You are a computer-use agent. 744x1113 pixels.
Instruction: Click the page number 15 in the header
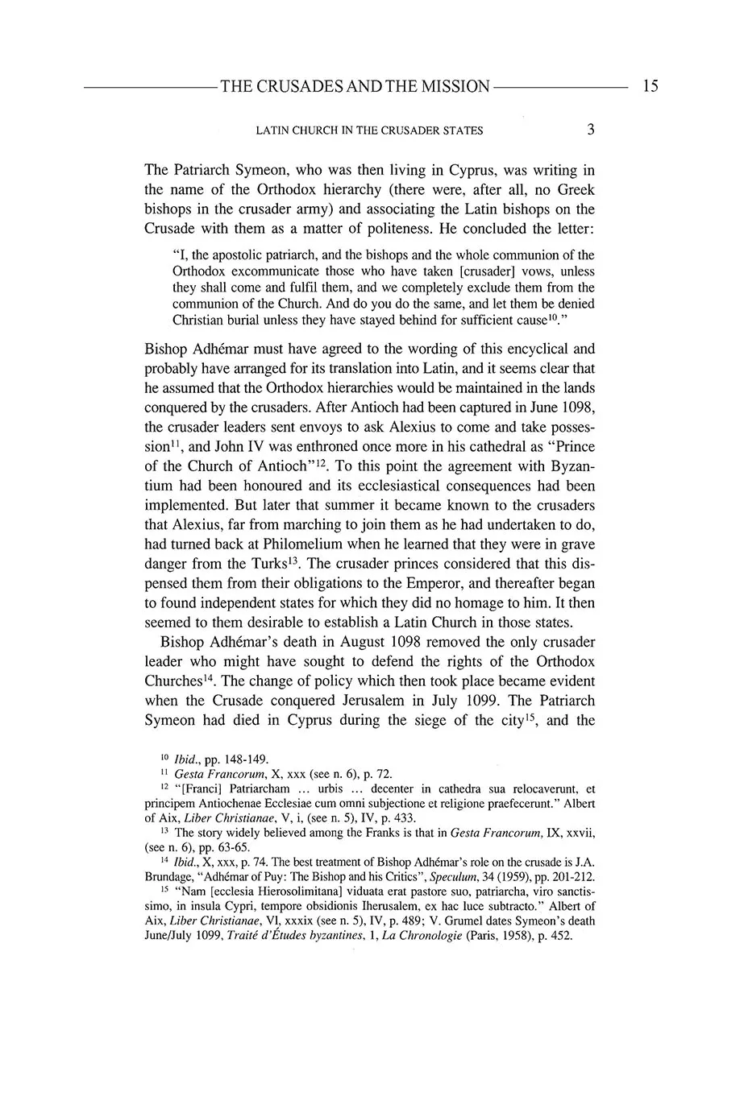[650, 85]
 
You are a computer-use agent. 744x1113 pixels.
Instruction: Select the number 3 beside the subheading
[591, 129]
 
